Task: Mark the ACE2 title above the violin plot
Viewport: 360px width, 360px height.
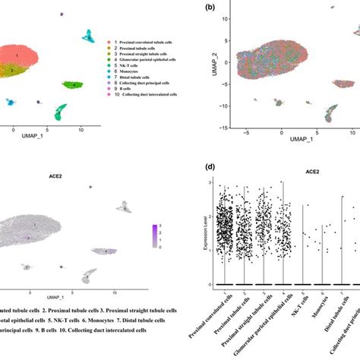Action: (289, 172)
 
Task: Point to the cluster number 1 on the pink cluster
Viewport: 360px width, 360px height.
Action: (17, 55)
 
